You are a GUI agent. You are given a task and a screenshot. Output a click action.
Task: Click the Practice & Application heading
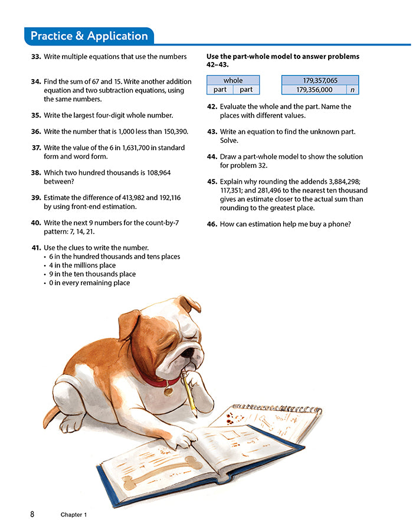coord(89,36)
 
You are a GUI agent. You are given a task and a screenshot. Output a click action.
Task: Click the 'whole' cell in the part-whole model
coord(233,80)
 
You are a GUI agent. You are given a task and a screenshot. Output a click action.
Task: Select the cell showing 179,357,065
coord(320,80)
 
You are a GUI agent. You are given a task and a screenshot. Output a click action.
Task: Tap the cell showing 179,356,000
coord(314,90)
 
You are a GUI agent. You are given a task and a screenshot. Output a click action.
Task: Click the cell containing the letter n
coord(352,90)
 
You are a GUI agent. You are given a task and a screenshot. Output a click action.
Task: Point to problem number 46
coord(212,224)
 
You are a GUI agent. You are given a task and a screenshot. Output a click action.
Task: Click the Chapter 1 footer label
coord(74,515)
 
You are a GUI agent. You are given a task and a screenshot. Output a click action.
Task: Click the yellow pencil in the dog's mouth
coord(190,394)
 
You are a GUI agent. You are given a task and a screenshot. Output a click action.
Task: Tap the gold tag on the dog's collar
coord(168,390)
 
